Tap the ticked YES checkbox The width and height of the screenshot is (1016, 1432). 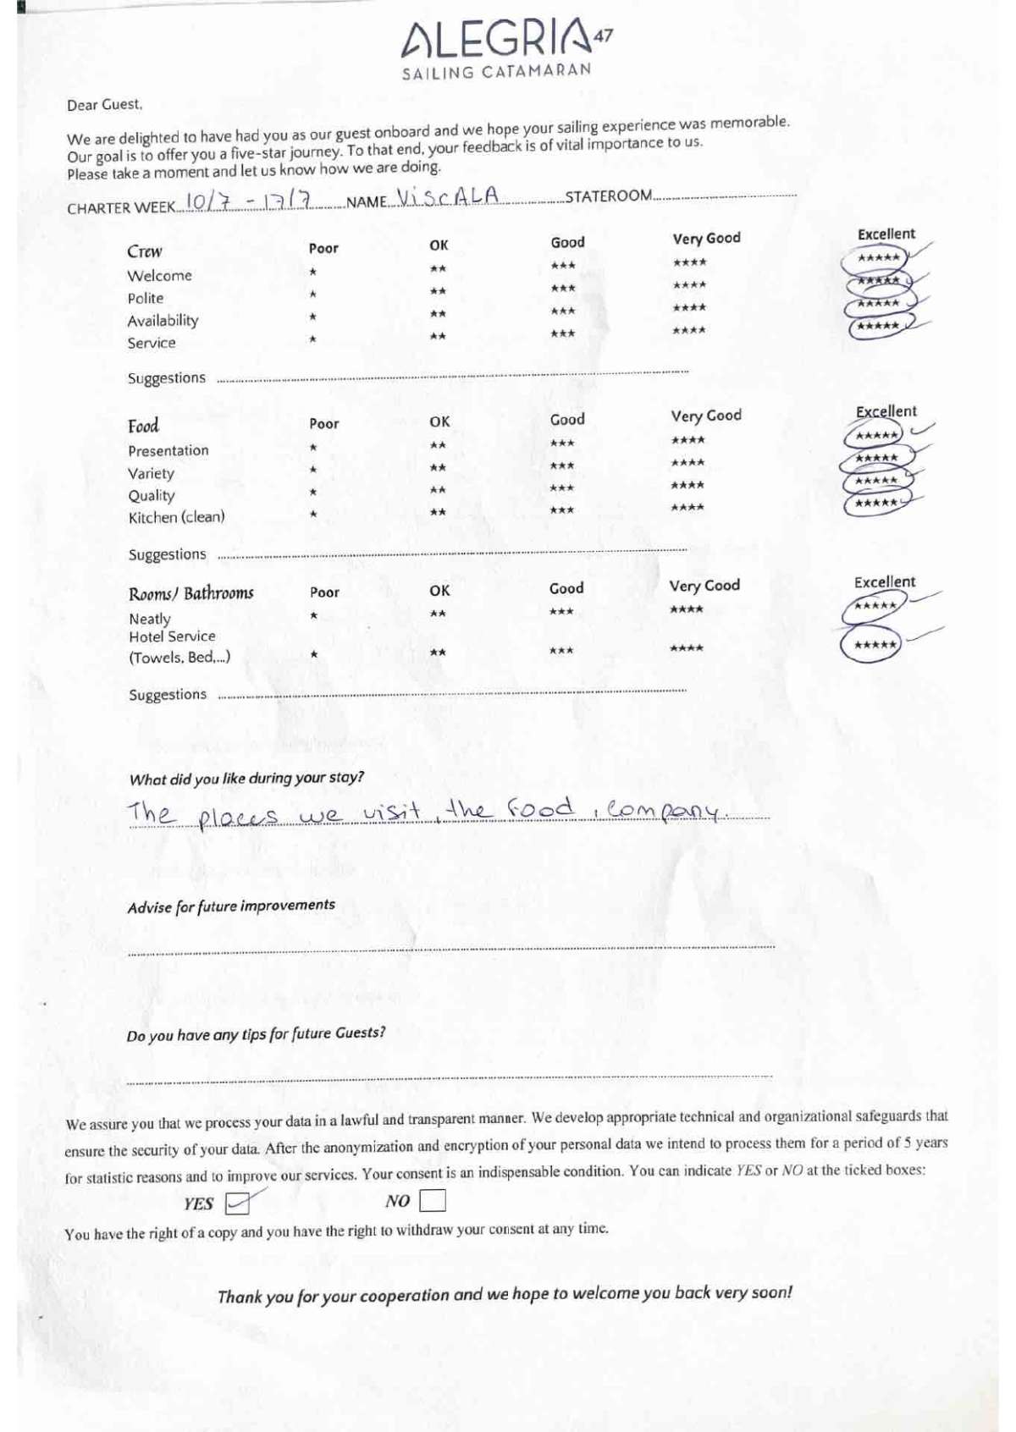point(238,1203)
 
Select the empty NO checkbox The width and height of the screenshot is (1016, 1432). point(432,1200)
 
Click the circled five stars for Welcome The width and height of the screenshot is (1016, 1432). point(878,258)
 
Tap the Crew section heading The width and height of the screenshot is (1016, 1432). point(145,251)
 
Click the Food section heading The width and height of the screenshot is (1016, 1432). point(143,426)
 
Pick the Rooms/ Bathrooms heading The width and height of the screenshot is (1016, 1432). point(191,593)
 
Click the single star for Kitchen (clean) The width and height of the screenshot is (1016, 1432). point(313,514)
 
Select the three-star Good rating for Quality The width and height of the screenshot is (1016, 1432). point(561,488)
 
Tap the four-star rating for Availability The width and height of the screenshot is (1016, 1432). point(689,308)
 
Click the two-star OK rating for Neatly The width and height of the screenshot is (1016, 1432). point(438,614)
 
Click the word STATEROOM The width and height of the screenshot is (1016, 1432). point(608,196)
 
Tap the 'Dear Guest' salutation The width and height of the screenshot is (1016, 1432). point(105,105)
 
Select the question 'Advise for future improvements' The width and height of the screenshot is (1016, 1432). point(231,906)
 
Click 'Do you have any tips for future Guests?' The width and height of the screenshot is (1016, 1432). point(256,1034)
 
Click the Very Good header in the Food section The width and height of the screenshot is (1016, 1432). point(706,416)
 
